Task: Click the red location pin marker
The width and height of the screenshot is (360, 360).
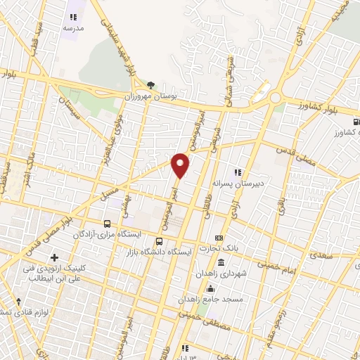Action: pyautogui.click(x=181, y=165)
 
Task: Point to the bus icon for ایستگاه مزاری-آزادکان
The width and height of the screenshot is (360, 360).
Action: pyautogui.click(x=106, y=223)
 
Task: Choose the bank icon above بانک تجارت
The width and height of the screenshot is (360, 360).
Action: pyautogui.click(x=219, y=238)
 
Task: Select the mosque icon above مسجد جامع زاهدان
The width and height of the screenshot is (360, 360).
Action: pyautogui.click(x=210, y=288)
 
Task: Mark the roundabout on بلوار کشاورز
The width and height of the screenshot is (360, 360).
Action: pyautogui.click(x=275, y=97)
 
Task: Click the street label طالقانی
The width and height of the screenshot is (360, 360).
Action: pyautogui.click(x=208, y=207)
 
